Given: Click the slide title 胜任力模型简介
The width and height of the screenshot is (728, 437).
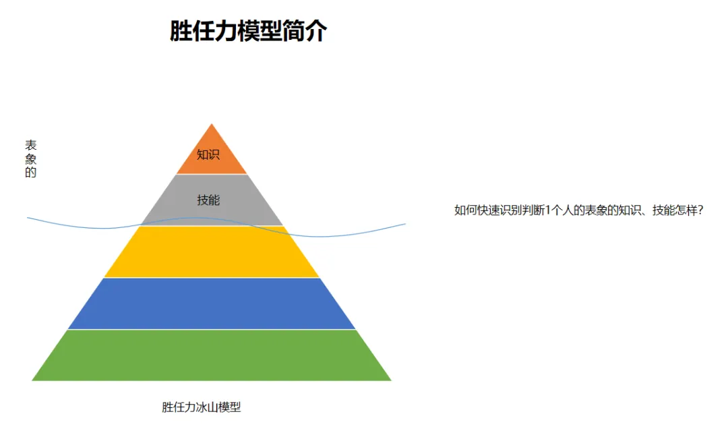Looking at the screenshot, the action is tap(248, 31).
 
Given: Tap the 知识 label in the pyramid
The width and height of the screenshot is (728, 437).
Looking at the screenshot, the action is tap(208, 154).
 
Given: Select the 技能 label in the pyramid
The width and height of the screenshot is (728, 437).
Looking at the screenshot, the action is tap(208, 200).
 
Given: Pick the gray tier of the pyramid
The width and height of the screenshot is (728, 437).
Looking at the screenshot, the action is tap(177, 202).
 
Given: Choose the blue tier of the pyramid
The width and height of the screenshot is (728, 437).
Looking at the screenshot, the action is tap(212, 303).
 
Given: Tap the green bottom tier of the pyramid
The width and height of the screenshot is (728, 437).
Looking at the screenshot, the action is tap(212, 355).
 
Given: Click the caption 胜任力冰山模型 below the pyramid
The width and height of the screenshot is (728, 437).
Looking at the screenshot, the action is tap(201, 407).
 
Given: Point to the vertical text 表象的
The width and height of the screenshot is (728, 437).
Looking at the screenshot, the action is tap(30, 159).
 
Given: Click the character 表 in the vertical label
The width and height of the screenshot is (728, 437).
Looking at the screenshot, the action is tap(30, 146).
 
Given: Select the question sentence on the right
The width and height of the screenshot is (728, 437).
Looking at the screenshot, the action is tap(579, 210).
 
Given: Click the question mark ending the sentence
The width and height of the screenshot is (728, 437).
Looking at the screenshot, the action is tap(700, 210).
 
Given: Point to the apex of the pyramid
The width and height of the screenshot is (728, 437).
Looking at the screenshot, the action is tap(212, 125).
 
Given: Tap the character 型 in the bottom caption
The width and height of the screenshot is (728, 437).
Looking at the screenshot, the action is tap(235, 407).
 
